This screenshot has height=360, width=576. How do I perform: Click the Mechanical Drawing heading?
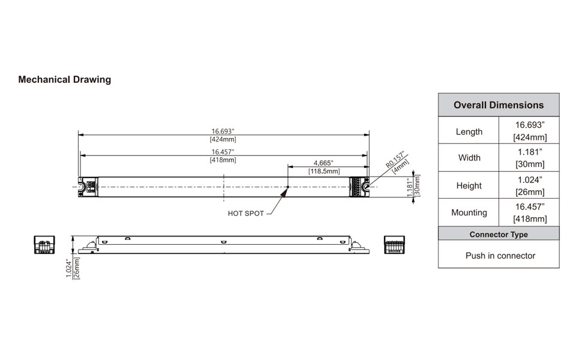[x=64, y=79]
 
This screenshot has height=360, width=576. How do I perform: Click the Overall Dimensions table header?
[x=499, y=105]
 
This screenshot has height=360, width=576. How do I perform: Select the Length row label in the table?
[x=469, y=131]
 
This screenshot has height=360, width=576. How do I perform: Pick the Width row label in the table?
[x=469, y=158]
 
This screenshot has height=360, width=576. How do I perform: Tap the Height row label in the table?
[x=469, y=185]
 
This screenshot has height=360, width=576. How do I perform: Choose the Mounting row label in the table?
[x=469, y=212]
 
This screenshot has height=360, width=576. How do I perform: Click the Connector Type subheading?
[x=499, y=234]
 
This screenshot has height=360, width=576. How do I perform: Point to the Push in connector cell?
[x=499, y=256]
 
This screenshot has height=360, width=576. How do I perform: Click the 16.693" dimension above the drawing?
[x=223, y=131]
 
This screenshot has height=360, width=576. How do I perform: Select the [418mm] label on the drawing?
[x=223, y=160]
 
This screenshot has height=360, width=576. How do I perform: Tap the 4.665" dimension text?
[x=323, y=163]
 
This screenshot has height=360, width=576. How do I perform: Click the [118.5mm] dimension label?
[x=323, y=171]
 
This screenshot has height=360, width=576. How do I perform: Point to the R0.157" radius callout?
[x=395, y=158]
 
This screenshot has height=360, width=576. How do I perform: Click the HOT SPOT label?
[x=246, y=214]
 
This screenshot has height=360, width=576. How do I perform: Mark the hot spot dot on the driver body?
[x=289, y=187]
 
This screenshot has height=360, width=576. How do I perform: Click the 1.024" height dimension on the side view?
[x=69, y=268]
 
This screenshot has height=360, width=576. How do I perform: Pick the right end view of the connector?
[x=395, y=244]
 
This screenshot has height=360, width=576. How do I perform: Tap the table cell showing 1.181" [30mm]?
[x=529, y=158]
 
